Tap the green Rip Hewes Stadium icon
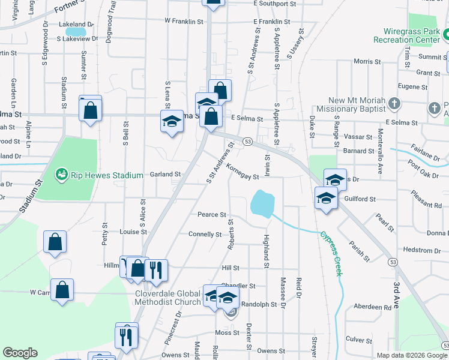click(x=61, y=175)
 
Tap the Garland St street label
click(x=165, y=174)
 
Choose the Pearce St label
click(x=212, y=214)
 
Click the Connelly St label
click(x=205, y=234)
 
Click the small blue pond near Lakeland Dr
click(x=75, y=31)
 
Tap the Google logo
click(x=20, y=353)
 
